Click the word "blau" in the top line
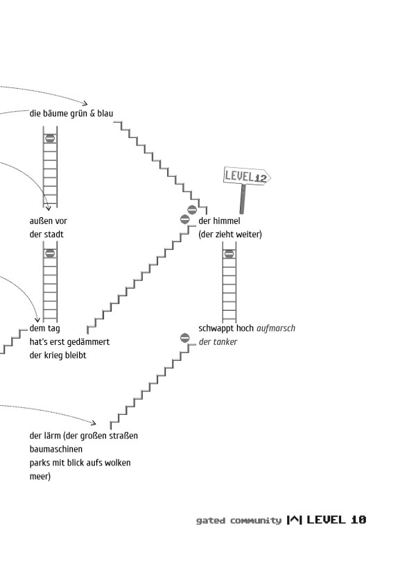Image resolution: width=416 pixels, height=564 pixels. [x=105, y=113]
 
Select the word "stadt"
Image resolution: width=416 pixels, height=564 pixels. [x=53, y=234]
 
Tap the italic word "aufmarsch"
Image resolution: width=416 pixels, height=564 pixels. [x=275, y=328]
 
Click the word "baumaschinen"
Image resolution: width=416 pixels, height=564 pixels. [x=55, y=450]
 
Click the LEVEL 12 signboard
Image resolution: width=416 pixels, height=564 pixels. [x=245, y=177]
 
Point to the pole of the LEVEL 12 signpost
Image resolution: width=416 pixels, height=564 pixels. [x=243, y=200]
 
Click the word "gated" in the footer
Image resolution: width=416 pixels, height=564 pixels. [x=210, y=520]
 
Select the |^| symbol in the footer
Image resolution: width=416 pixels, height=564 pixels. [x=294, y=520]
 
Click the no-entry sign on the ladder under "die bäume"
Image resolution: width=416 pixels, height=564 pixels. [x=50, y=138]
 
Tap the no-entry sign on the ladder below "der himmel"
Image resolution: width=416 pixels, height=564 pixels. [x=229, y=254]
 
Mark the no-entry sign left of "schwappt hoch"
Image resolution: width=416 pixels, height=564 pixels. [x=184, y=338]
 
